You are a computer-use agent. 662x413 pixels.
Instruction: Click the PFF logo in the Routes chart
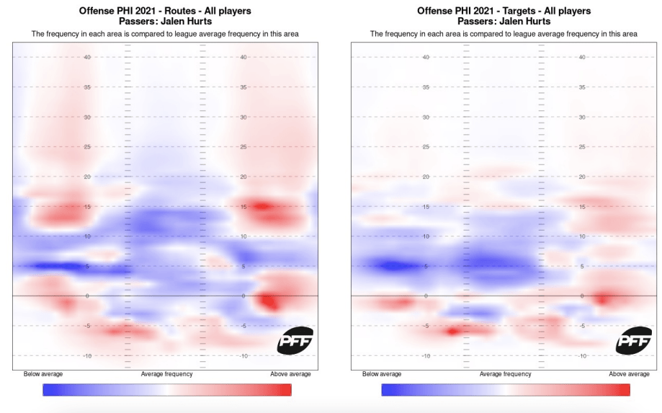(x=295, y=340)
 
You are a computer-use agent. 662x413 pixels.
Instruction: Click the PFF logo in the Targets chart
(x=634, y=340)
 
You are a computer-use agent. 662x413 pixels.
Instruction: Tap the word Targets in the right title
(x=511, y=11)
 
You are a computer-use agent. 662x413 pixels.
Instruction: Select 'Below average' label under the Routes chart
(x=43, y=374)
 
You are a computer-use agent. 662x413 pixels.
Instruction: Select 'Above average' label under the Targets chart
(x=629, y=374)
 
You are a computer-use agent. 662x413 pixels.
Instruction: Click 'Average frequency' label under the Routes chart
(x=166, y=374)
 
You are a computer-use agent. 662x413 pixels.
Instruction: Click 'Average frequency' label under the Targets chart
(x=505, y=374)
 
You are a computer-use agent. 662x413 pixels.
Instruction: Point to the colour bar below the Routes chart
(x=166, y=390)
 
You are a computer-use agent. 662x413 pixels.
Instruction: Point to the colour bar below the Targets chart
(x=505, y=390)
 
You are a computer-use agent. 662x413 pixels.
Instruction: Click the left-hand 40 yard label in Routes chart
(x=88, y=57)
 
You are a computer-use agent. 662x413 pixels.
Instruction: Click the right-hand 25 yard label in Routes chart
(x=243, y=147)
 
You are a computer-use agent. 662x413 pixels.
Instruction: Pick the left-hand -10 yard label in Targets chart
(x=426, y=356)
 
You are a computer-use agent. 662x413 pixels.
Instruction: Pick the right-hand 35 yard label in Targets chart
(x=582, y=87)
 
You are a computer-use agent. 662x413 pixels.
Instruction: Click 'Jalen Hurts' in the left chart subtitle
(x=186, y=22)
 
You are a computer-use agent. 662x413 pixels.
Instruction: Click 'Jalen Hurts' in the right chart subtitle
(x=524, y=22)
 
